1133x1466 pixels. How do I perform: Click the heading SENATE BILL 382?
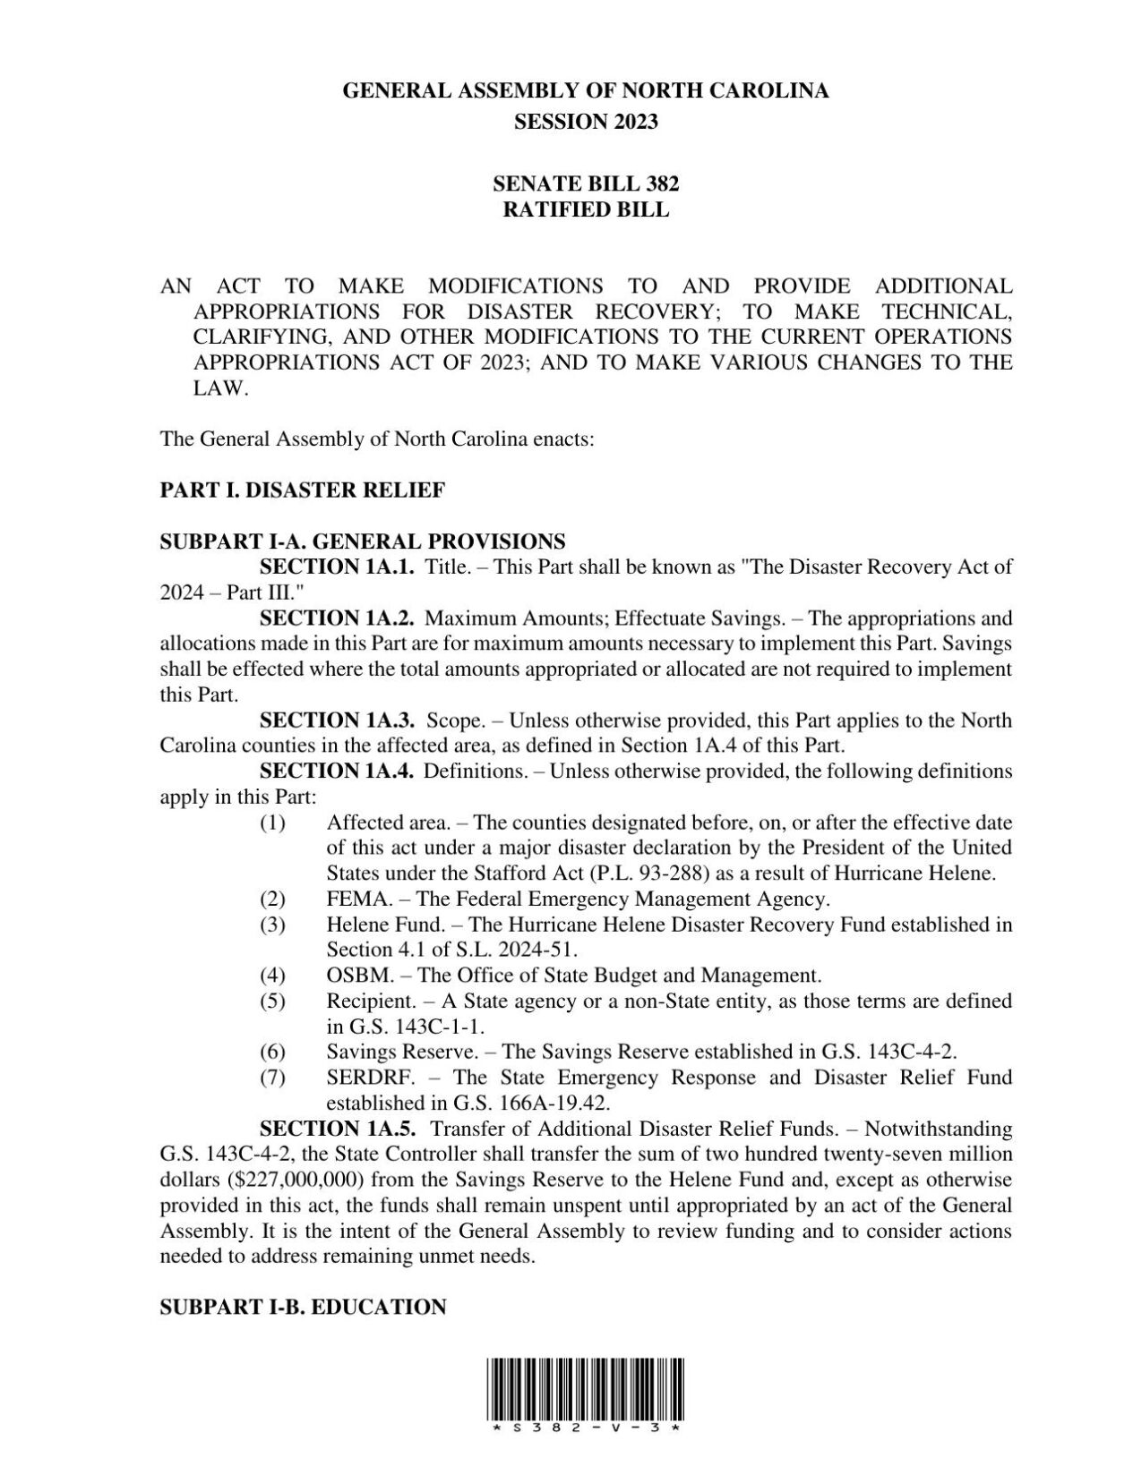click(x=586, y=183)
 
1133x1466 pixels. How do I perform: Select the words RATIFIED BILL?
click(x=586, y=209)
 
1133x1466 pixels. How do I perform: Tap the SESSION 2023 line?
click(x=586, y=122)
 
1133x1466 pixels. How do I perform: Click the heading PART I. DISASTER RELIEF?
click(x=302, y=490)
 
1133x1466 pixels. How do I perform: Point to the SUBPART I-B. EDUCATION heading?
click(x=303, y=1308)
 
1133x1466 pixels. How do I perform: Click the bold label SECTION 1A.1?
click(x=337, y=567)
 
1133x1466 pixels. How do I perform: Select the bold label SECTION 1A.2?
click(x=337, y=618)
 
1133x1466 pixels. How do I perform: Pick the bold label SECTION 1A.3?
click(x=337, y=720)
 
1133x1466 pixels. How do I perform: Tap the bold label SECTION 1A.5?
click(x=337, y=1129)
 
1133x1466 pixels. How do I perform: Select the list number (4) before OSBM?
click(x=272, y=976)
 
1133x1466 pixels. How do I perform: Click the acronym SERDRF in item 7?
click(x=358, y=1078)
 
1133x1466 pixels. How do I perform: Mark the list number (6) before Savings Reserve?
click(x=272, y=1052)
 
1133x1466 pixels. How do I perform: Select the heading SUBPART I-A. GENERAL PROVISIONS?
click(x=362, y=541)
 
